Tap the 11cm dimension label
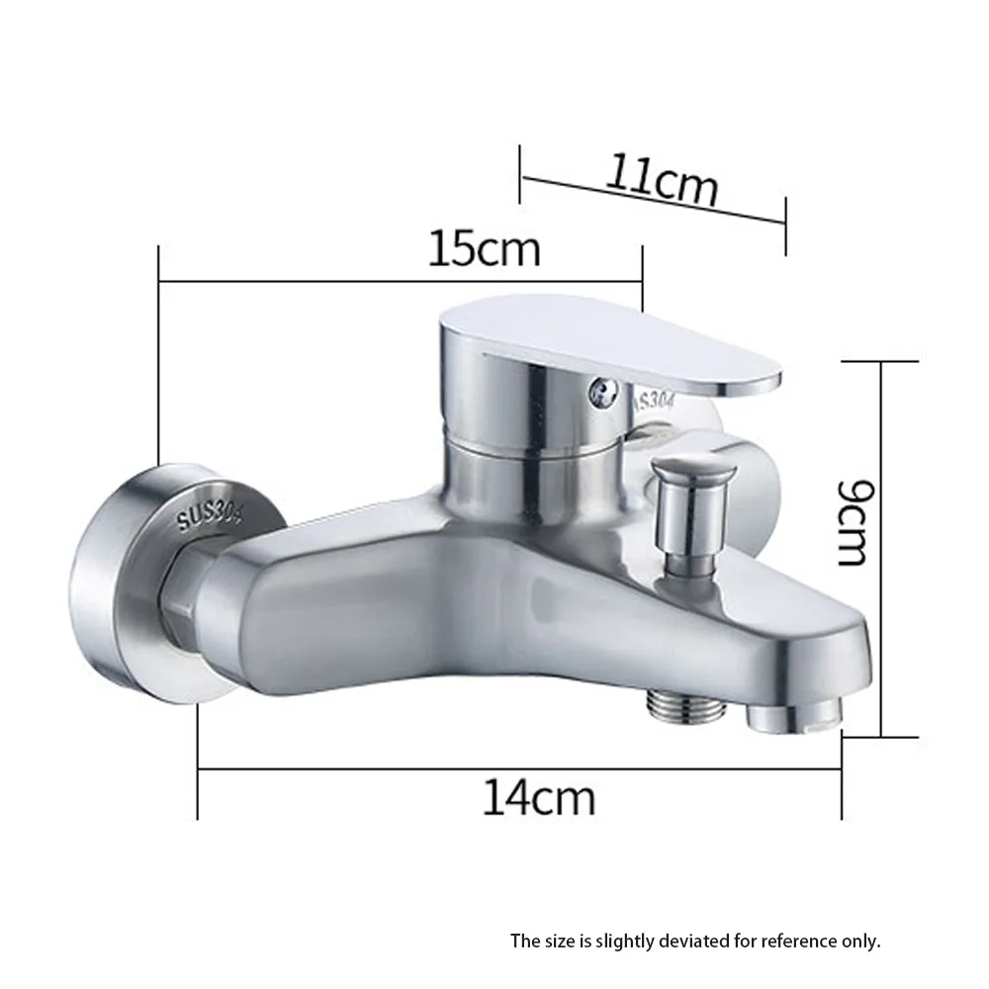(662, 179)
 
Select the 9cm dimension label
(854, 521)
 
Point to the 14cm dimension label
(539, 796)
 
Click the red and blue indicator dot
(598, 393)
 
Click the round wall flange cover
(148, 584)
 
